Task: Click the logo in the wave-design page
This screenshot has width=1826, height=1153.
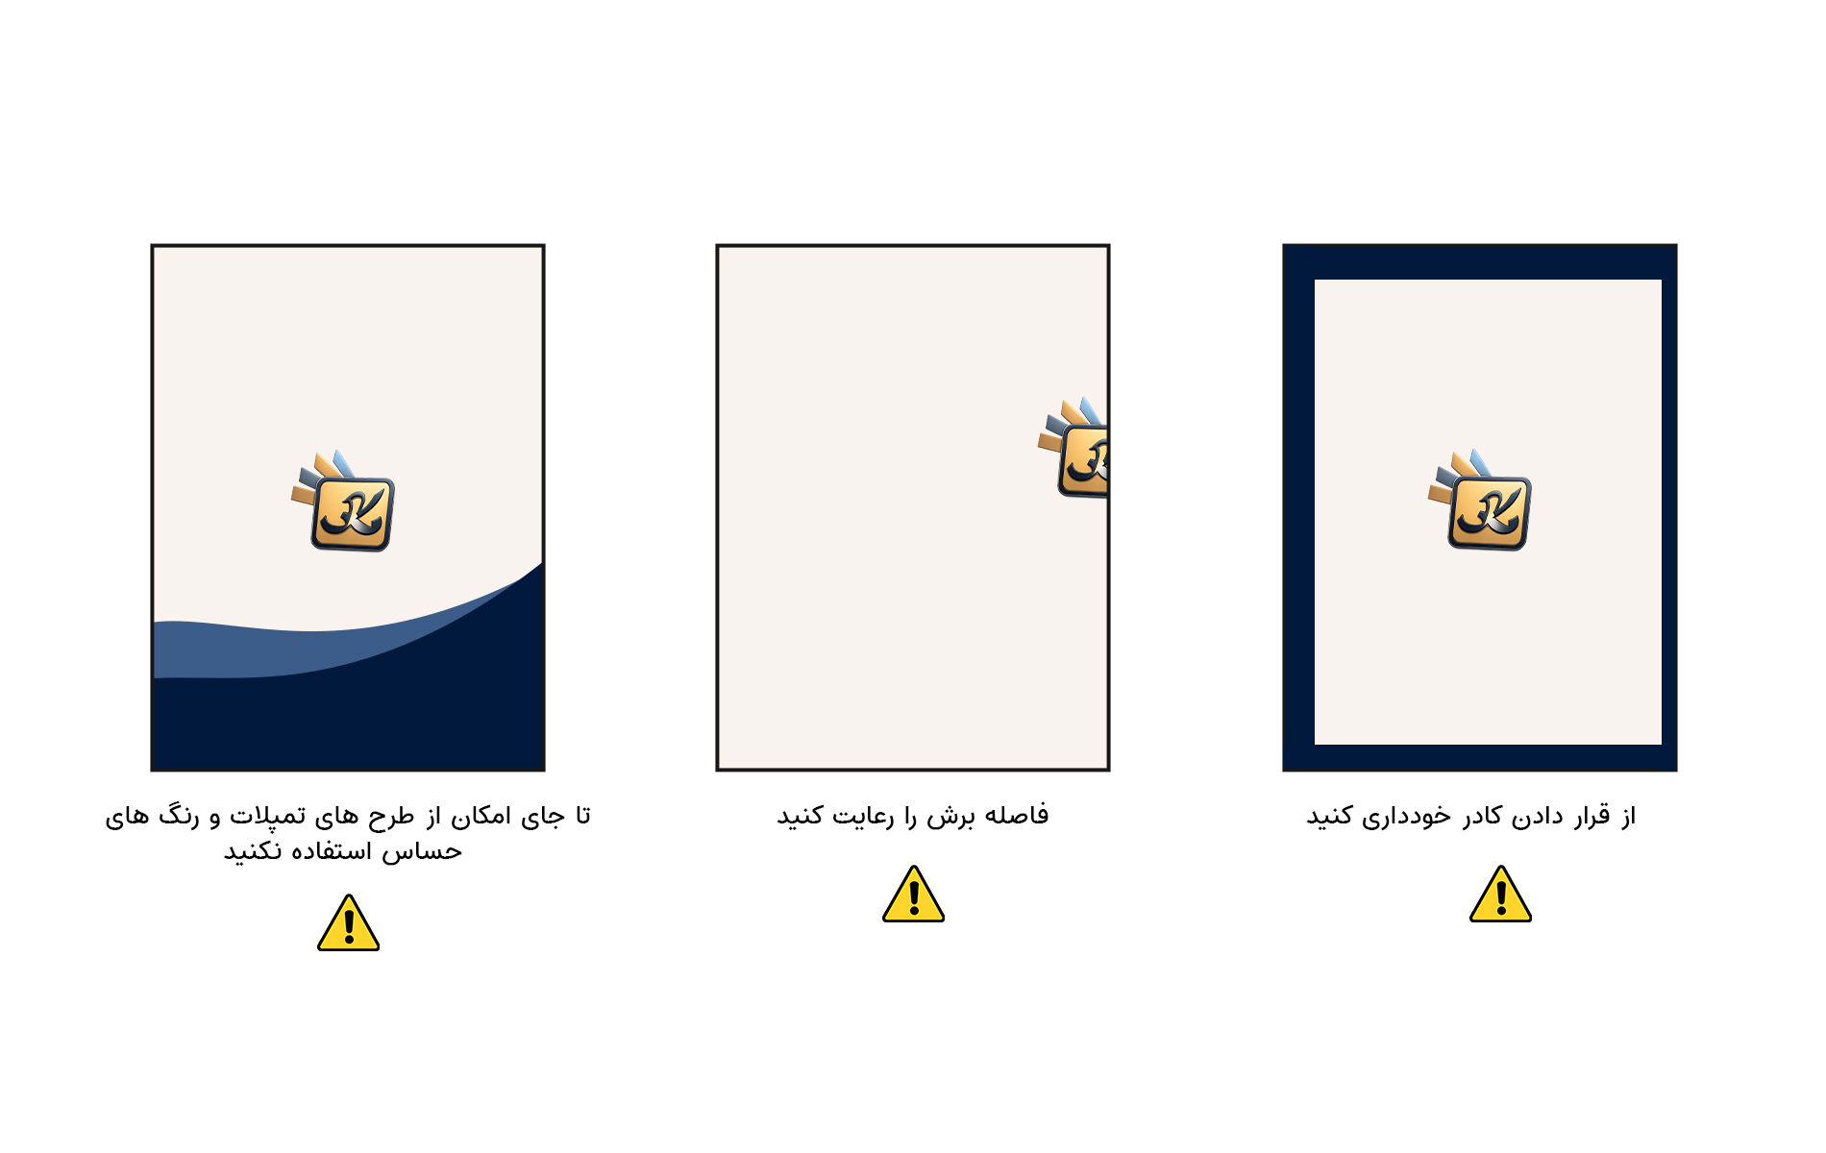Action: [x=343, y=501]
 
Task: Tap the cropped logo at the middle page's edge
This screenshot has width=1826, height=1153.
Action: [x=1073, y=448]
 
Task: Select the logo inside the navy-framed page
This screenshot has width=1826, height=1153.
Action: [x=1480, y=500]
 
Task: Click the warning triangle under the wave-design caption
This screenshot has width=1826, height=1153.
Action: [x=348, y=922]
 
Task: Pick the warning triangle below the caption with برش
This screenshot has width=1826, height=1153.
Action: [x=913, y=894]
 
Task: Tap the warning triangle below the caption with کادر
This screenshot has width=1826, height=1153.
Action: [x=1500, y=894]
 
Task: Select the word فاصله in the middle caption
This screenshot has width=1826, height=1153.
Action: [x=1017, y=815]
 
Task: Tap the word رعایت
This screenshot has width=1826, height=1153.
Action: [x=864, y=817]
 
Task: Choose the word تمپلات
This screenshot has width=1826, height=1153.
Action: [x=268, y=817]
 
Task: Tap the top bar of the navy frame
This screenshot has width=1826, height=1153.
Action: [x=1480, y=262]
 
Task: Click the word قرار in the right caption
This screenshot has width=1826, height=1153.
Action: [x=1592, y=817]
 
